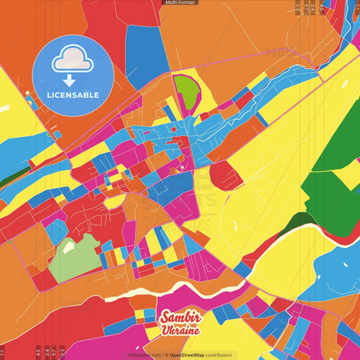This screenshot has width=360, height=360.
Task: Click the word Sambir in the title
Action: click(x=180, y=319)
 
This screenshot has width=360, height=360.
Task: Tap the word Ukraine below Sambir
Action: click(x=181, y=331)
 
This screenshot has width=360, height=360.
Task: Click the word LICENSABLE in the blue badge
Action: click(x=73, y=95)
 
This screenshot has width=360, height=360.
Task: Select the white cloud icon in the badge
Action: click(x=73, y=61)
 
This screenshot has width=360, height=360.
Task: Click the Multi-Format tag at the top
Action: click(x=180, y=3)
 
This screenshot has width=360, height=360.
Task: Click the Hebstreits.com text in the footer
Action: click(x=144, y=355)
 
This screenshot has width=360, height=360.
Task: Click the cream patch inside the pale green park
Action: click(x=69, y=247)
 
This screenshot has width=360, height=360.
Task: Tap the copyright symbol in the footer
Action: click(x=165, y=355)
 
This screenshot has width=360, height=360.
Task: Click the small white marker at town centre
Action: click(x=182, y=166)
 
